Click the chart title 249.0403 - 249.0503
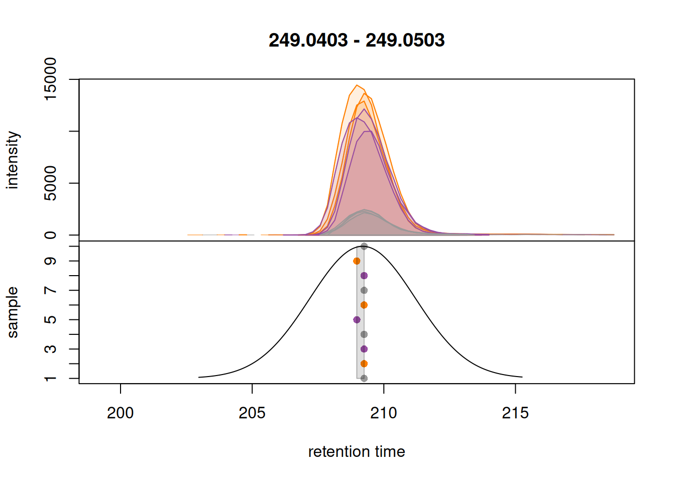coord(357,40)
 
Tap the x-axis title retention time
coord(357,452)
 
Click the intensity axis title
coord(13,160)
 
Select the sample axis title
coord(13,312)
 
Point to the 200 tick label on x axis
coord(121,413)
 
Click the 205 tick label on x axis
coord(252,413)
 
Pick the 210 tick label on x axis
coord(384,413)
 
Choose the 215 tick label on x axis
coord(515,413)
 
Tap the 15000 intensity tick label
coord(51,79)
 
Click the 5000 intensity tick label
coord(51,183)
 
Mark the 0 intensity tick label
coord(51,235)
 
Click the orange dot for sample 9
coord(357,261)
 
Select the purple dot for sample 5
coord(357,320)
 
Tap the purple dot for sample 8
coord(364,276)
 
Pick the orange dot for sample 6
coord(364,305)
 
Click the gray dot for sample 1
coord(364,379)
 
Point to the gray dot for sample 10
coord(364,247)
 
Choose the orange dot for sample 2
coord(364,364)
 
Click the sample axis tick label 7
coord(51,291)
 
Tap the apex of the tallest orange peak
coord(357,85)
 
